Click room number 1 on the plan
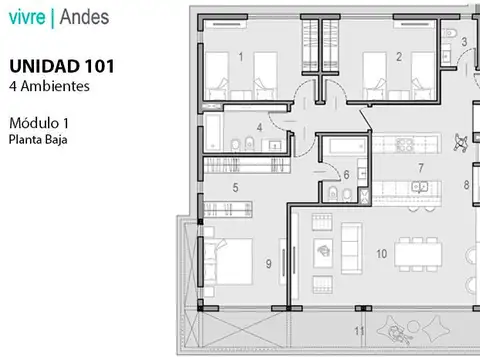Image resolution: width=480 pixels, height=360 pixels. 241,57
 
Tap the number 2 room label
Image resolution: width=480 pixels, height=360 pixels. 398,57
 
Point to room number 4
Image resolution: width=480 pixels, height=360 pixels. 259,128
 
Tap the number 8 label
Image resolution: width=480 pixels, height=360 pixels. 465,185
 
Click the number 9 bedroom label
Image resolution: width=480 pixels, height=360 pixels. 268,264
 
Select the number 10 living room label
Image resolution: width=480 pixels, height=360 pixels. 381,254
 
